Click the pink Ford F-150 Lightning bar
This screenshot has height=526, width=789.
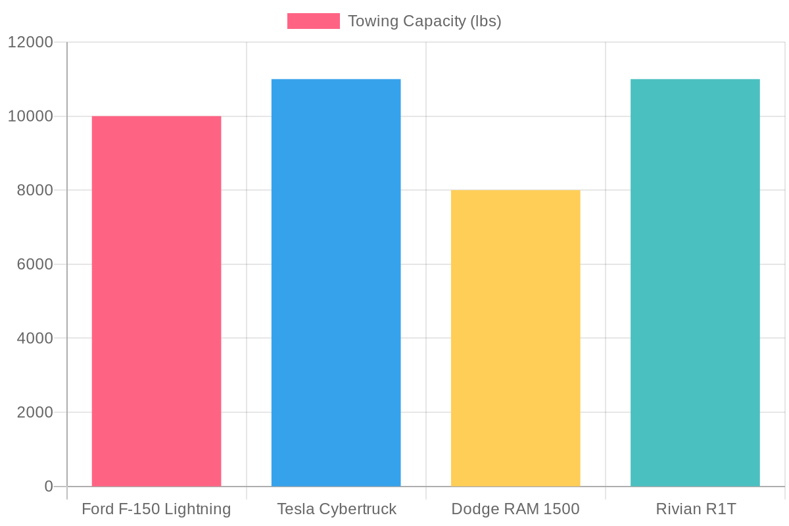pos(156,301)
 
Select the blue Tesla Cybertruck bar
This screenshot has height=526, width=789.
pos(336,283)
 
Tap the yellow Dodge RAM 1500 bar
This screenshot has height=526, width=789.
pos(515,338)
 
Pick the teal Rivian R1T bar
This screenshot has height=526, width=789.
pos(695,283)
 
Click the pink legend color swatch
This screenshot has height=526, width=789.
pos(314,21)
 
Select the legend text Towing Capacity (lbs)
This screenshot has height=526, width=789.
pos(425,21)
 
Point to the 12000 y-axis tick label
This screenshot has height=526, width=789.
pos(30,43)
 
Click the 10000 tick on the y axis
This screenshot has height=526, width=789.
pos(30,116)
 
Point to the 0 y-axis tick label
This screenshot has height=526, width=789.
pos(48,487)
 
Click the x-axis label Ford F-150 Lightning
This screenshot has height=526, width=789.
pos(156,510)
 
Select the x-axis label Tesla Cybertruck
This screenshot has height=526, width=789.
pos(337,510)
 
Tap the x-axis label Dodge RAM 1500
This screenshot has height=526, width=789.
pos(515,510)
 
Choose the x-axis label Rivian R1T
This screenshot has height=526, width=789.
pos(695,510)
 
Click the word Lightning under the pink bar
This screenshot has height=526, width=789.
pos(197,510)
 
